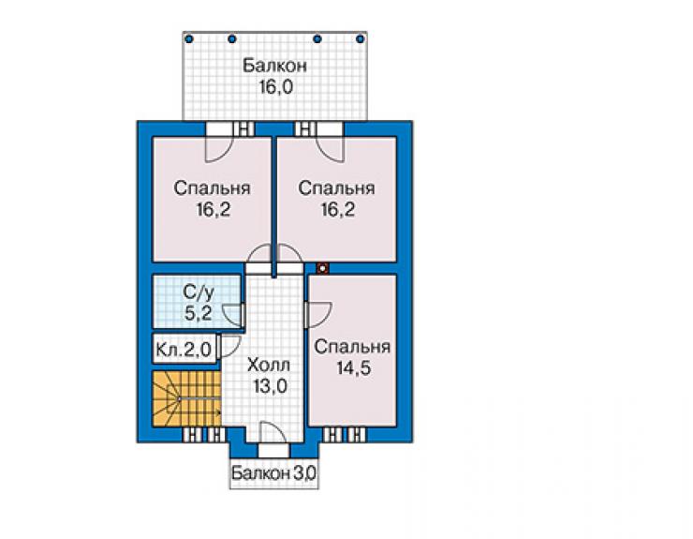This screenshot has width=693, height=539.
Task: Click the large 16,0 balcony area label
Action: [x=275, y=76]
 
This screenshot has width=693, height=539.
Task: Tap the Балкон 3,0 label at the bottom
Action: [x=273, y=473]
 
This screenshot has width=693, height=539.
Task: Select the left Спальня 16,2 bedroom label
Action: [x=213, y=198]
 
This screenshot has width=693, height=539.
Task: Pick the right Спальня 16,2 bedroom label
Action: [x=337, y=198]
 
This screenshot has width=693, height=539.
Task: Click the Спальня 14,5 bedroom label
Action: [x=352, y=357]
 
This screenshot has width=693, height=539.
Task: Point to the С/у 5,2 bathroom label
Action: [x=199, y=303]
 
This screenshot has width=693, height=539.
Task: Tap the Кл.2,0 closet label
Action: [x=184, y=350]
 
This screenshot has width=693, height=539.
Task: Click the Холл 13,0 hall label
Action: [x=269, y=375]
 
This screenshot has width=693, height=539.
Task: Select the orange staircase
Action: [x=187, y=398]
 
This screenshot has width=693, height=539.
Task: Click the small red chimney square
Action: [x=323, y=268]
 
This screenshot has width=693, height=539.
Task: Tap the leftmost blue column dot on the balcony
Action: [x=189, y=39]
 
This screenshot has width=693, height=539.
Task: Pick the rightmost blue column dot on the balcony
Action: [x=361, y=39]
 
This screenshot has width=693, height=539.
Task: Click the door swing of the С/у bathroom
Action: [x=232, y=314]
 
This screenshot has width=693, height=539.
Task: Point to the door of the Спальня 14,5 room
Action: [x=317, y=314]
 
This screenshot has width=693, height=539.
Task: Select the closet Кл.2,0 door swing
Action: [x=229, y=347]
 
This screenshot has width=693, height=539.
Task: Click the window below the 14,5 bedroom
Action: [x=345, y=436]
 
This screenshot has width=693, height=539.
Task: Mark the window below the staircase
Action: [x=205, y=436]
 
